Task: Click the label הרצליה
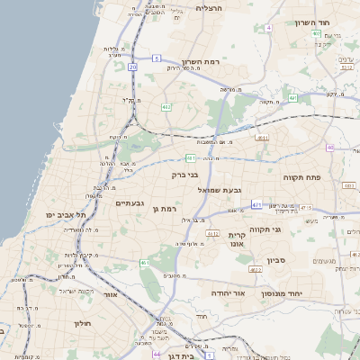click(208, 7)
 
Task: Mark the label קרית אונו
click(248, 238)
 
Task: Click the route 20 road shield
click(133, 66)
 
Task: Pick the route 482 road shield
click(166, 106)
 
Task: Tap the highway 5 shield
click(156, 58)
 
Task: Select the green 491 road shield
click(293, 98)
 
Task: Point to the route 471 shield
click(257, 204)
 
